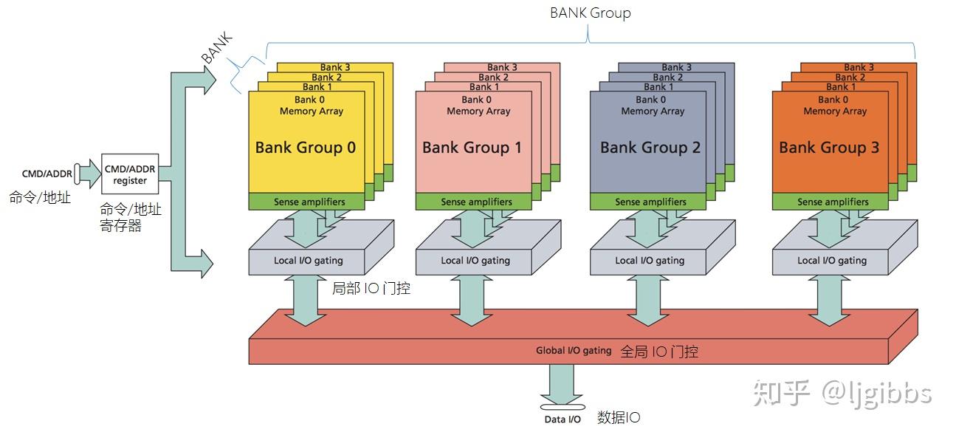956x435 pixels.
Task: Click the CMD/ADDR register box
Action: tap(130, 175)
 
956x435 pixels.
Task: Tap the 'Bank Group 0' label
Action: tap(305, 147)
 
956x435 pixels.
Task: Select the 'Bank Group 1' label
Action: tap(472, 147)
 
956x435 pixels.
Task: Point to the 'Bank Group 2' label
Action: tap(650, 147)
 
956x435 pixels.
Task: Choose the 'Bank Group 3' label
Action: tap(829, 147)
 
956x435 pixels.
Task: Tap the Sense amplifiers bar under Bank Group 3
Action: tap(833, 202)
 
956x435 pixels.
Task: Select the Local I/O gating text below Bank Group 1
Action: tap(475, 260)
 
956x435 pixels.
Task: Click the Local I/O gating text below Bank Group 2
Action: tap(650, 260)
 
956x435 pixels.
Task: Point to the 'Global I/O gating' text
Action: tap(574, 351)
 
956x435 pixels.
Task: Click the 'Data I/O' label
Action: tap(563, 419)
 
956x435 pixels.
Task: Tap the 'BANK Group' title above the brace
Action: tap(590, 13)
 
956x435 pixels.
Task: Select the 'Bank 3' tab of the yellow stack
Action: tap(335, 67)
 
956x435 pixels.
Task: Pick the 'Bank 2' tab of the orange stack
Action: tap(850, 77)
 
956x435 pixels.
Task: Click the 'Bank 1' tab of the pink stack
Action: tap(484, 86)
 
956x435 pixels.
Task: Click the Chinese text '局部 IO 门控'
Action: tap(371, 288)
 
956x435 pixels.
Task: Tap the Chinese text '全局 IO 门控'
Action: tap(659, 352)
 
